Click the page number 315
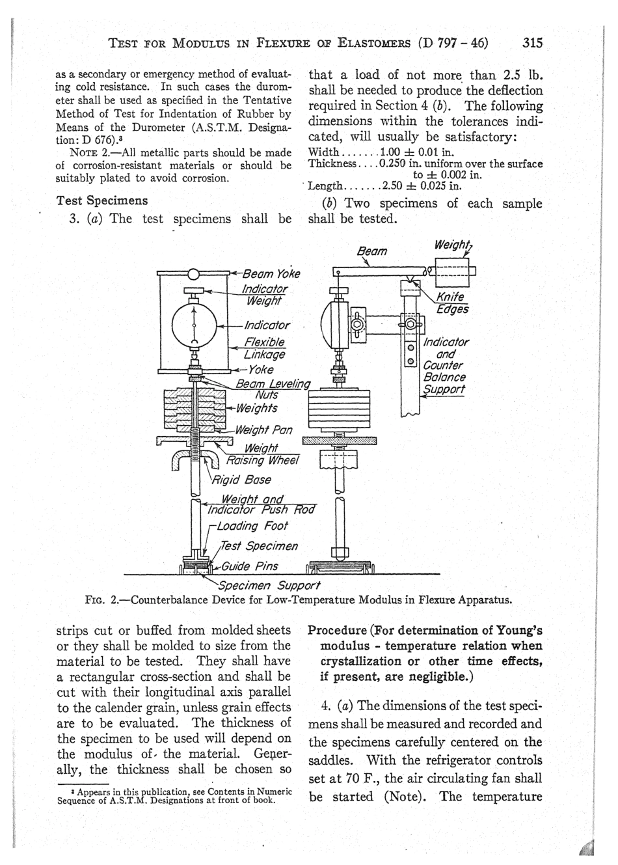pos(531,43)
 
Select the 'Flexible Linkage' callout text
pos(264,348)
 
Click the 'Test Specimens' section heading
pos(102,200)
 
